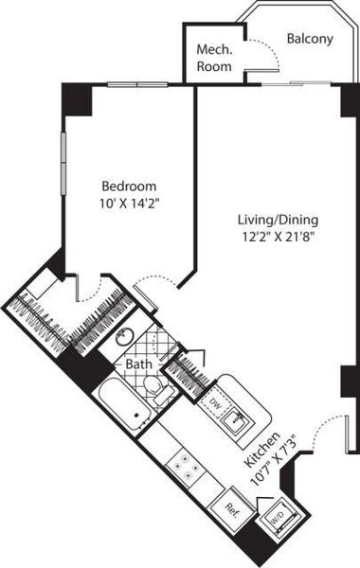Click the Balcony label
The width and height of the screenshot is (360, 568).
310,39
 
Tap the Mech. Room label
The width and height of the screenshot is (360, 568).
214,58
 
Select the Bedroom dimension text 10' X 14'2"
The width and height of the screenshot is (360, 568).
130,204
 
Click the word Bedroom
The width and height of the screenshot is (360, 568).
129,186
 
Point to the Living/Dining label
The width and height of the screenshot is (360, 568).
279,220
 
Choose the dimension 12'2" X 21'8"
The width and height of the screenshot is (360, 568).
279,238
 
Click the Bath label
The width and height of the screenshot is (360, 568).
138,364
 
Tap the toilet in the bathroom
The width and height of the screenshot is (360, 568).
157,389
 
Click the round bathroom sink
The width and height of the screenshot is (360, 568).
124,337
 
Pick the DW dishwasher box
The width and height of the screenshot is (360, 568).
215,402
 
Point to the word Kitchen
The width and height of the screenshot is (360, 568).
262,449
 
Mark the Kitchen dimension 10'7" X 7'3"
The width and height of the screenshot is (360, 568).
274,461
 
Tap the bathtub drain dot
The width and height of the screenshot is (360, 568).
136,416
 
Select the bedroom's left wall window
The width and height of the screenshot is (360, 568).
63,164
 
